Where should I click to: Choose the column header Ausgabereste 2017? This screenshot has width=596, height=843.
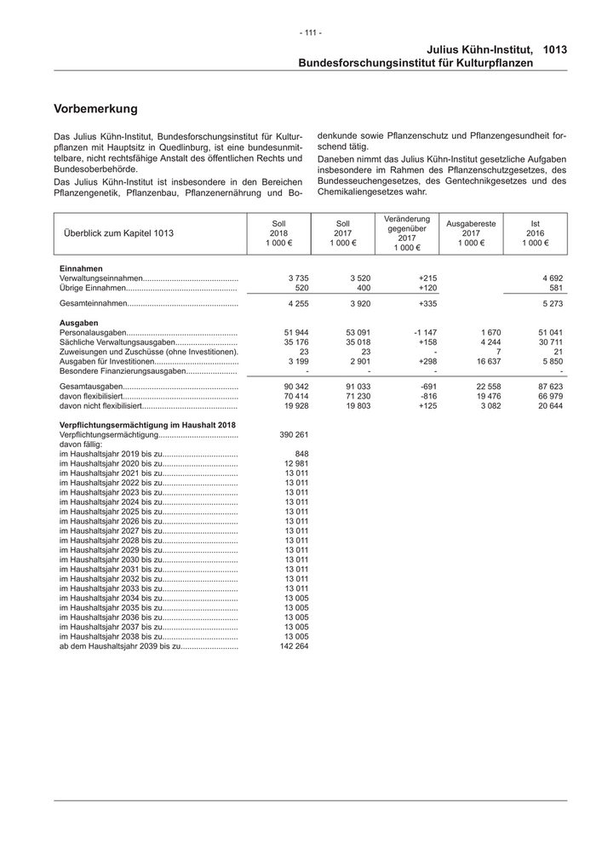pos(471,233)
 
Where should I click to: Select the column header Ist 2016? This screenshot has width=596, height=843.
pos(535,233)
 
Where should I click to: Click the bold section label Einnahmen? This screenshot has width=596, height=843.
pos(81,268)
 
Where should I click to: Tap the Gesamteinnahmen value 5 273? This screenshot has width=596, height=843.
pos(550,303)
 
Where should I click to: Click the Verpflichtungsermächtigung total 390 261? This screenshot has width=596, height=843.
pos(293,434)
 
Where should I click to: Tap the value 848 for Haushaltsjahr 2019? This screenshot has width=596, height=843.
pos(301,454)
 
